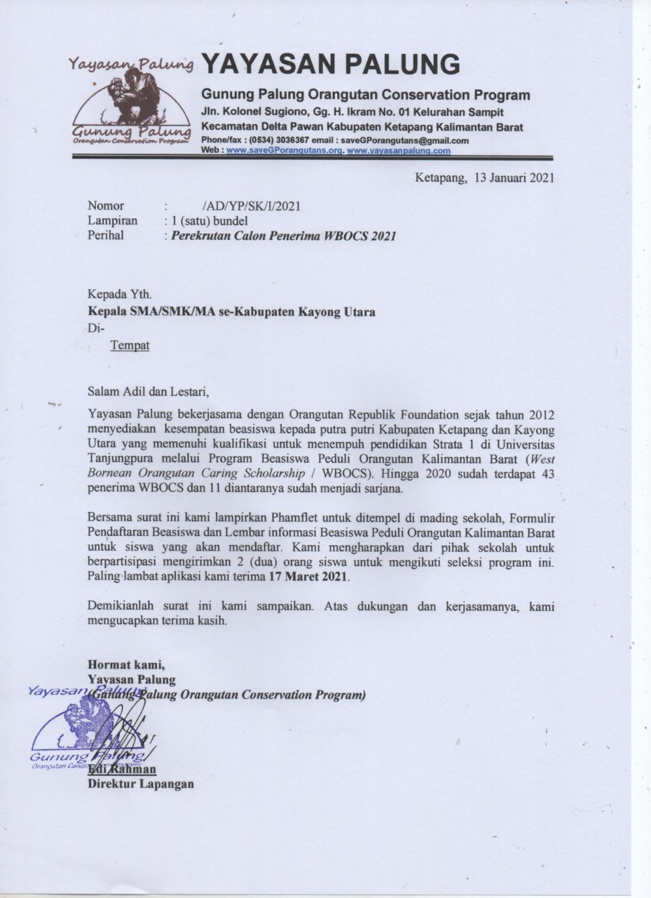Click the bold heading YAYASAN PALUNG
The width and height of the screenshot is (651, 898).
coord(330,65)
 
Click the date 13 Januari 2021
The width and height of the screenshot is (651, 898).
coord(514,177)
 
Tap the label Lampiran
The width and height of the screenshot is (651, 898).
coord(112,220)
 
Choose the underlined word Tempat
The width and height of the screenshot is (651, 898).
coord(130,345)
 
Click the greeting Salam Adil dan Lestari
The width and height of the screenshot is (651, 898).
coord(148,391)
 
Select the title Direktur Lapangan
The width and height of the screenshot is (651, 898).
coord(140,784)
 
